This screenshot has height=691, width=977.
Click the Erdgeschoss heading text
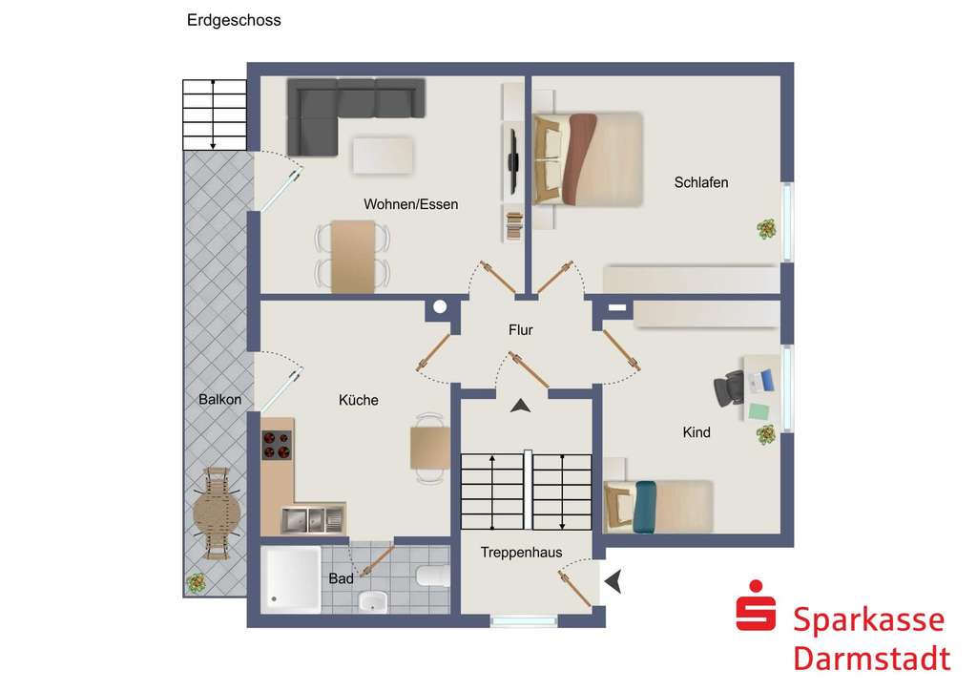coord(234,20)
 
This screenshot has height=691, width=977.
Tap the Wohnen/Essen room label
coord(410,204)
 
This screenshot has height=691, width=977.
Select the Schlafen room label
coord(700,182)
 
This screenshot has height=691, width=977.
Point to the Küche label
coord(358,400)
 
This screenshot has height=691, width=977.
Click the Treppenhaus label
coord(521,552)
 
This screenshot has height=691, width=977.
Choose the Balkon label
coord(220,400)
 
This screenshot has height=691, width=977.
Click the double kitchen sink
coord(312,519)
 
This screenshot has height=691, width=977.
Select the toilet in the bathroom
coord(430,576)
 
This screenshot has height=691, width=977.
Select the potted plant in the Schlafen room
coord(765,229)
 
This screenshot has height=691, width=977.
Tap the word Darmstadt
coord(872,659)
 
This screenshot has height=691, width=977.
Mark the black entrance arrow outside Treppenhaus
coord(613,579)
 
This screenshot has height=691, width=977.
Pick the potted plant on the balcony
coord(197,580)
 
